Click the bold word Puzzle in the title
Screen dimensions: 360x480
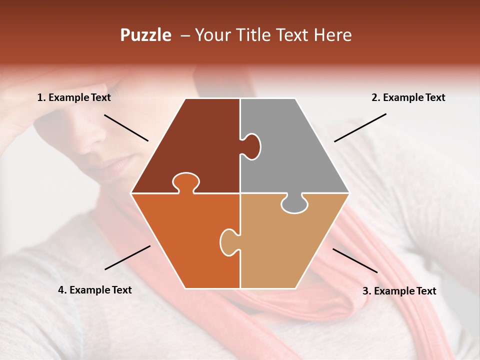click(x=145, y=35)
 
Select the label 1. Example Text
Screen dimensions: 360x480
click(x=74, y=97)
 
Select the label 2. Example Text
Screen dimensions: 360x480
click(x=408, y=97)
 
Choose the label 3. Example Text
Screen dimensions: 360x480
click(x=399, y=291)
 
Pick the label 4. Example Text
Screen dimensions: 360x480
click(x=95, y=290)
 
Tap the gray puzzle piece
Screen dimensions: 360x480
click(x=295, y=150)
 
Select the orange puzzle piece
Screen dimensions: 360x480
click(x=185, y=240)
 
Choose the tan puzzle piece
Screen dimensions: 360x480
click(x=290, y=245)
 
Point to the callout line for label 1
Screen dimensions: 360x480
click(x=126, y=127)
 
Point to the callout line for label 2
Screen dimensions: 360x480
click(x=360, y=127)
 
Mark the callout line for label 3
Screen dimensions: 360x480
click(x=355, y=260)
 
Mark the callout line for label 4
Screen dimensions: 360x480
click(x=127, y=257)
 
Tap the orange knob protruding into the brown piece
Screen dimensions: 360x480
click(x=185, y=182)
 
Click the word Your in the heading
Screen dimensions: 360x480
click(x=212, y=35)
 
